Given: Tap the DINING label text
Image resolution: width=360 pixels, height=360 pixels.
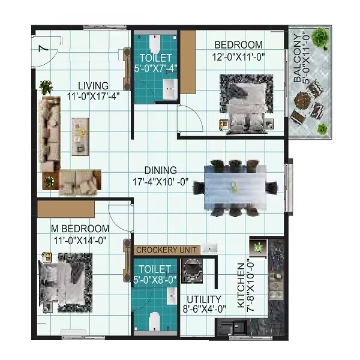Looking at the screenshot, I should point(160,170).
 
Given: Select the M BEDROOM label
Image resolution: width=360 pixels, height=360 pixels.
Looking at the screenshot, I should point(80,229).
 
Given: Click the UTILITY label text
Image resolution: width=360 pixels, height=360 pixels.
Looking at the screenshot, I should point(204,299).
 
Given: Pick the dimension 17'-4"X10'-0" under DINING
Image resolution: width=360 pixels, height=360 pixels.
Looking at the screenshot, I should point(160,181).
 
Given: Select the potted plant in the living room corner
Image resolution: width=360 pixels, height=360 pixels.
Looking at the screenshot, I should point(46,86).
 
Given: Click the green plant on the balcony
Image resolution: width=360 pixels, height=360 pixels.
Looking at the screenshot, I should point(323,128).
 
